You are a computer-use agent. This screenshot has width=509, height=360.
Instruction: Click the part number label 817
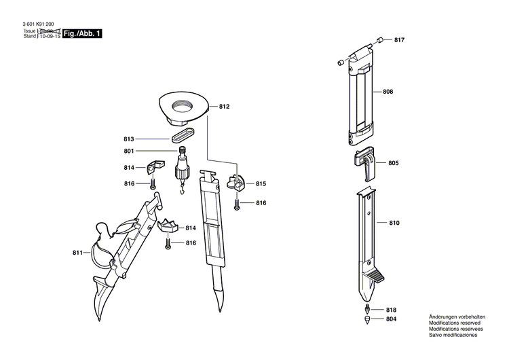399,40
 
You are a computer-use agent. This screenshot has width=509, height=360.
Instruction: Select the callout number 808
388,91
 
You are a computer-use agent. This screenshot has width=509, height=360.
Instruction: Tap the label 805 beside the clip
394,163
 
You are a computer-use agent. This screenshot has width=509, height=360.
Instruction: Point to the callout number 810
394,223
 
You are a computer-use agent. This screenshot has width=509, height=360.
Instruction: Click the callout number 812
225,107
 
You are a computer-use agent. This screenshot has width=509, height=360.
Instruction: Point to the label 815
261,184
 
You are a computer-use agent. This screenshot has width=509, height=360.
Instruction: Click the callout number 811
78,253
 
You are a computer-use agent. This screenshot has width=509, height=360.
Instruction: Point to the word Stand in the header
29,36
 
